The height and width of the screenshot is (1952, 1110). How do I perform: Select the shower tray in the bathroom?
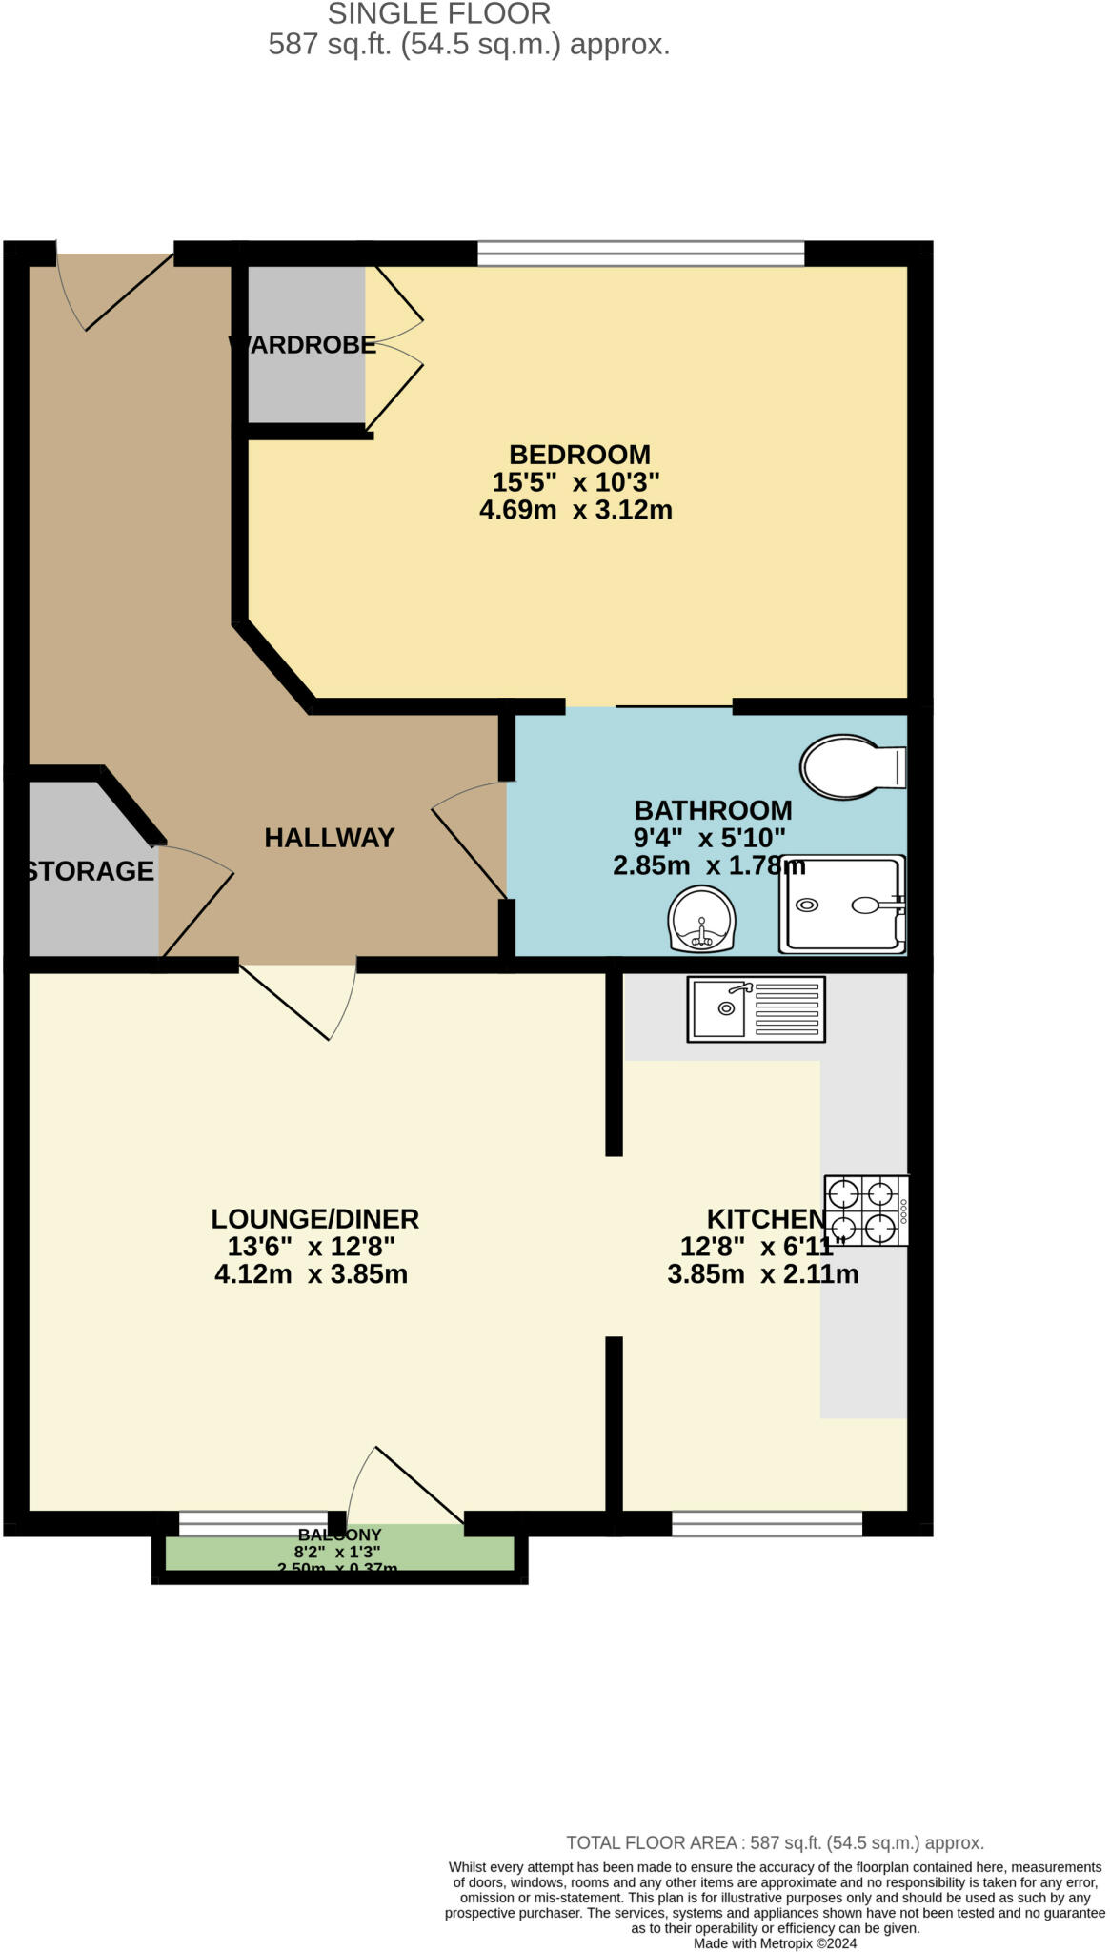point(840,905)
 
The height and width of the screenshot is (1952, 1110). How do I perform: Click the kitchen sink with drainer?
point(756,1008)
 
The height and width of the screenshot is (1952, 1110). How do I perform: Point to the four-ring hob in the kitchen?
point(864,1210)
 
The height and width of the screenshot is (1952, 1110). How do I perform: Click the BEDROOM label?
point(579,455)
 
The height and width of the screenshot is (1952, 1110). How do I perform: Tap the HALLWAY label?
point(329,838)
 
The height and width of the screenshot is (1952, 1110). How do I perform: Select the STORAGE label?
point(90,871)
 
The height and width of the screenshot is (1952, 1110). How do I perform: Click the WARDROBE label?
point(303,345)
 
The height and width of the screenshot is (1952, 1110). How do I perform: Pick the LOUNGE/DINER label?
point(314,1219)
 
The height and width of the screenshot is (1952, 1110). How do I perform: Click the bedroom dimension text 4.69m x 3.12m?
point(575,510)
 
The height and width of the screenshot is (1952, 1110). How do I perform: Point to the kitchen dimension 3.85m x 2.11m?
point(762,1274)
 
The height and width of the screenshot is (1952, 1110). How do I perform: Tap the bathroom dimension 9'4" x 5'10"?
point(709,839)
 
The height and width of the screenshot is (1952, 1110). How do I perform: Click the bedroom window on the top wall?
point(640,254)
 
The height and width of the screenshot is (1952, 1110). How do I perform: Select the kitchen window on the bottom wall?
point(766,1524)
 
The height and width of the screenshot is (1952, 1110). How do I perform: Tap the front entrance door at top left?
point(114,291)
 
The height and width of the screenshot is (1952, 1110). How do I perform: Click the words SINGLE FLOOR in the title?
point(438,14)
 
